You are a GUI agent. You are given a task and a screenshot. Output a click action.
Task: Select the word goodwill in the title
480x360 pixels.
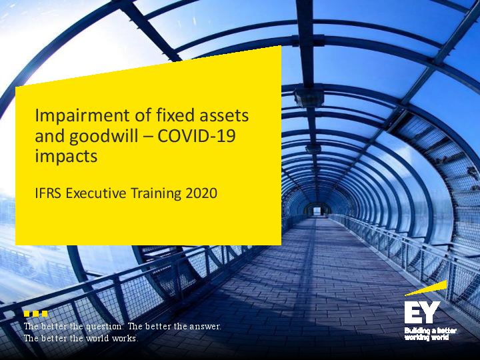click(x=103, y=137)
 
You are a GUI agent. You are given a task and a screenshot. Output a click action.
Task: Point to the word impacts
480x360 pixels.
click(x=66, y=156)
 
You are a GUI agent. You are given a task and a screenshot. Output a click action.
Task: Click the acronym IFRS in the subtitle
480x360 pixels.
click(x=49, y=193)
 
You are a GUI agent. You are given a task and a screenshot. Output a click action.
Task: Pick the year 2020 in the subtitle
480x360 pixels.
click(x=201, y=193)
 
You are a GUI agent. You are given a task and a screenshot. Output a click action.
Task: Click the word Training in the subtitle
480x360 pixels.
click(x=156, y=194)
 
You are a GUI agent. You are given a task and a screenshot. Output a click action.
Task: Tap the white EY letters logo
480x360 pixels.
click(x=422, y=312)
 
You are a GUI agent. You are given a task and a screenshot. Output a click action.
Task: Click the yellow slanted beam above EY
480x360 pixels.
click(x=426, y=289)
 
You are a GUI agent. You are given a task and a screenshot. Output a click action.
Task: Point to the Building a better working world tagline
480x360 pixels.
click(x=431, y=334)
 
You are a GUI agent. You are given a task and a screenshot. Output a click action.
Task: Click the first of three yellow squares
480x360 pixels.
click(x=27, y=313)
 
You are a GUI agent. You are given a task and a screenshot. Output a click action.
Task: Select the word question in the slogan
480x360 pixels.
click(x=104, y=327)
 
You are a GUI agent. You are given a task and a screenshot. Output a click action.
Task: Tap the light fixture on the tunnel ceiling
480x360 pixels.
click(x=309, y=95)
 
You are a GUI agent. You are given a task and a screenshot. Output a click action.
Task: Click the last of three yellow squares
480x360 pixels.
click(x=45, y=313)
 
